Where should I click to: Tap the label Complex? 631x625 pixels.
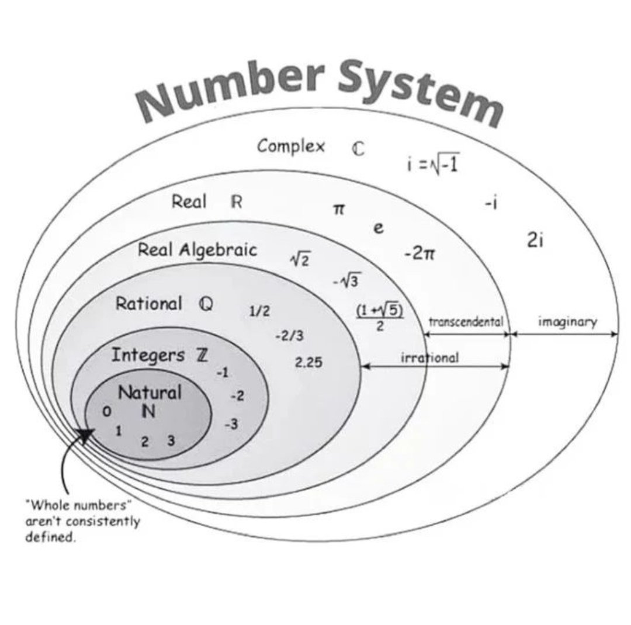pos(291,145)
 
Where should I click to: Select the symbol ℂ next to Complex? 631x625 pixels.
pos(358,149)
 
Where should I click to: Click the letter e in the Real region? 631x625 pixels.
pos(379,228)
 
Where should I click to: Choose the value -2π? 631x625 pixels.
pos(419,254)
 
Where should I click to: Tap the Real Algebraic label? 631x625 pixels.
pos(197,250)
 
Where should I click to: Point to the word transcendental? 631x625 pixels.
pos(466,321)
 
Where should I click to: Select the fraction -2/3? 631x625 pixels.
pos(289,336)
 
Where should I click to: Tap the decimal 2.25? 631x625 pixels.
pos(308,363)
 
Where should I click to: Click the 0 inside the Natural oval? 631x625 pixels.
pos(106,412)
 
